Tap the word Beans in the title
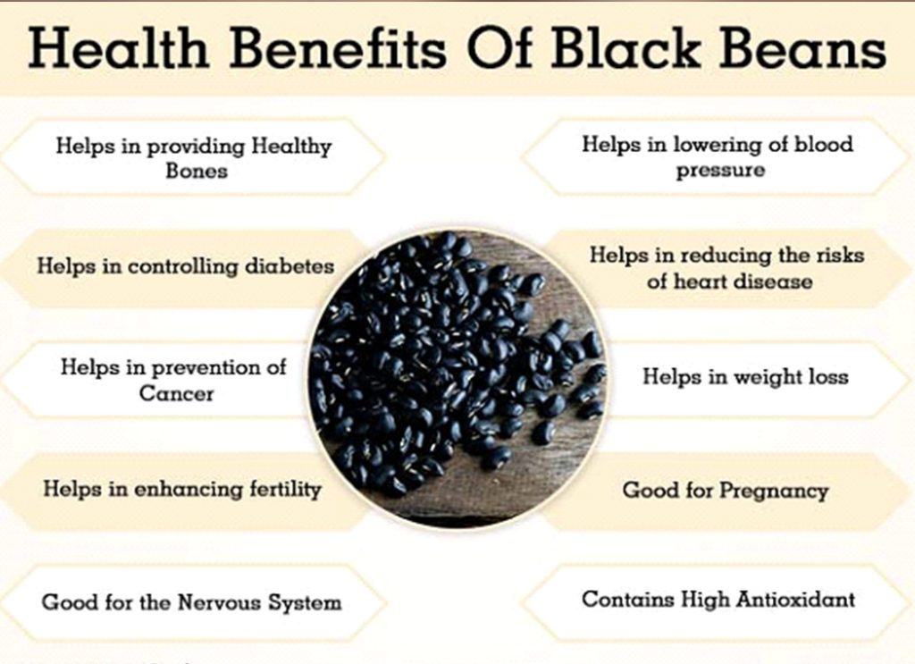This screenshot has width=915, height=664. click(797, 51)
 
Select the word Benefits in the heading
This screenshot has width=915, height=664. click(349, 51)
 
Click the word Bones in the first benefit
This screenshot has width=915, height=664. click(196, 171)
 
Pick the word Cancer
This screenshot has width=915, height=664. click(176, 392)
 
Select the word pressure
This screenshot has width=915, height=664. click(720, 170)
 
